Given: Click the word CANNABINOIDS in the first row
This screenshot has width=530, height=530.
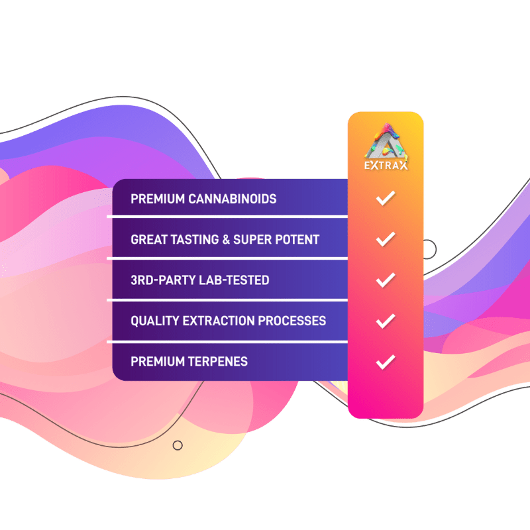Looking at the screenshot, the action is [233, 199].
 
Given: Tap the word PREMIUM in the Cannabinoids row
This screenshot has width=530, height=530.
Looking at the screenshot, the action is [158, 199].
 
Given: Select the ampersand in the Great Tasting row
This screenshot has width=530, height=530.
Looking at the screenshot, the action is [226, 240].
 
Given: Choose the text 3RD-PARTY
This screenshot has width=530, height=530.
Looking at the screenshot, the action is [163, 280].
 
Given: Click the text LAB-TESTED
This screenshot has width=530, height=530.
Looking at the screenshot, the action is [235, 280].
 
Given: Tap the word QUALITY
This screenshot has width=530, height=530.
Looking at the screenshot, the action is [155, 321].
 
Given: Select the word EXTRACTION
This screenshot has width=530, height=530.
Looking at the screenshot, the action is [219, 321].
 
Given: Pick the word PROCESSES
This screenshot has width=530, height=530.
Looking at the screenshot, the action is [291, 321].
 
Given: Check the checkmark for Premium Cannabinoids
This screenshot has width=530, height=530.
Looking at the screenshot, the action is [386, 197].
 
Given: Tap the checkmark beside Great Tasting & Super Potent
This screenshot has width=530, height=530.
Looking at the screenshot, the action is [386, 239].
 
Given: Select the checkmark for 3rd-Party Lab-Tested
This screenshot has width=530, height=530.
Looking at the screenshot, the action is [386, 280].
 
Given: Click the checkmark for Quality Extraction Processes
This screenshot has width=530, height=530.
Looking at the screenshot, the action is [386, 321].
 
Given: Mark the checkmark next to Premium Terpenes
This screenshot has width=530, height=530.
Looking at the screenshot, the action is [386, 362].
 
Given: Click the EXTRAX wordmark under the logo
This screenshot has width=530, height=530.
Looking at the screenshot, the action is [386, 165].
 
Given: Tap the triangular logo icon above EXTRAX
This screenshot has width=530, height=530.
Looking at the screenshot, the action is [386, 142].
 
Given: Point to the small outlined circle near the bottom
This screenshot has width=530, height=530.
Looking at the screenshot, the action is [178, 445].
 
